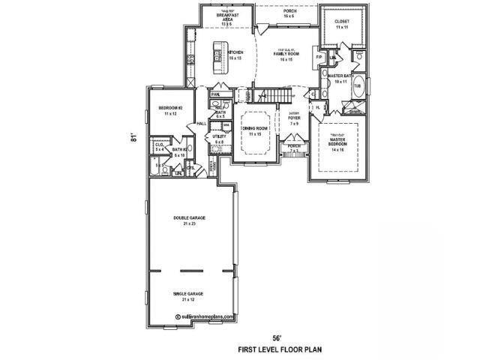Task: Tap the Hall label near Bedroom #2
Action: point(201,124)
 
